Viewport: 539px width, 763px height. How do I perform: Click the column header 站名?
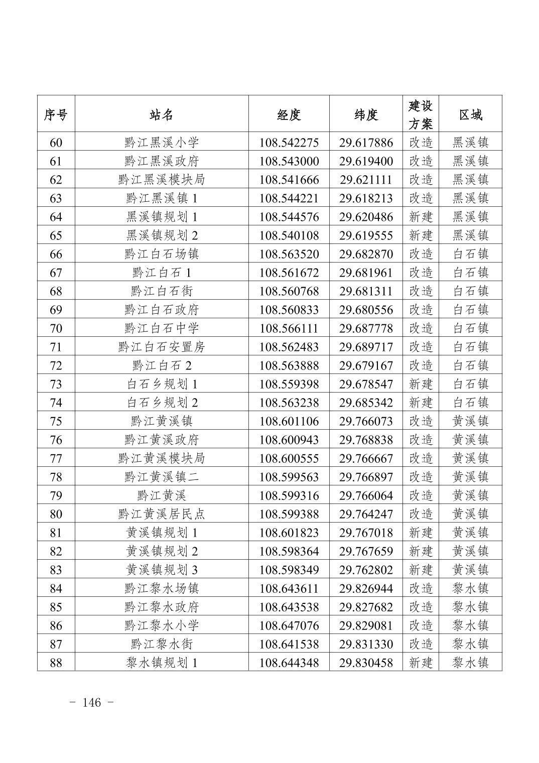162,114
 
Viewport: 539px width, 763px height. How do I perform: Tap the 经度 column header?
289,114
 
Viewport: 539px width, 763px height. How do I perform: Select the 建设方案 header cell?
421,114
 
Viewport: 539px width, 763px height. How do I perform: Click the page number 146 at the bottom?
91,702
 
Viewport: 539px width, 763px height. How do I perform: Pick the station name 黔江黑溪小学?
162,143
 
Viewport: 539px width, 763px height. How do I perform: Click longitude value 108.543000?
289,161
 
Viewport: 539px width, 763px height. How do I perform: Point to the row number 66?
56,254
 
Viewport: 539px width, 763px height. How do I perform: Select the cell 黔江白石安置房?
162,347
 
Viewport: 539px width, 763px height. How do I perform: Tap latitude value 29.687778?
366,328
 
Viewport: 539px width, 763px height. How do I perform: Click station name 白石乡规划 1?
162,384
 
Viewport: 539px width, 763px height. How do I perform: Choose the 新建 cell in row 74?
421,403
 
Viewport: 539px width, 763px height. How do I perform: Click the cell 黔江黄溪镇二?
162,477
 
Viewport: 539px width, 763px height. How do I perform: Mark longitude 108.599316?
289,495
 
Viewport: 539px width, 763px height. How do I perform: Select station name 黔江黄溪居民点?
162,514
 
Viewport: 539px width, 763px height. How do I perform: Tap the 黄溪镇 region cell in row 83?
470,570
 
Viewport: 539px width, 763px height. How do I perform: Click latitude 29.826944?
366,588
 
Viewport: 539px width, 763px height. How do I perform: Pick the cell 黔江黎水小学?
162,625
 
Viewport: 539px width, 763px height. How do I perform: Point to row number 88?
56,663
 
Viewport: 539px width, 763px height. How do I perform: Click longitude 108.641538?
289,644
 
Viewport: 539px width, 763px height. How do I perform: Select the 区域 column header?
470,114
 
